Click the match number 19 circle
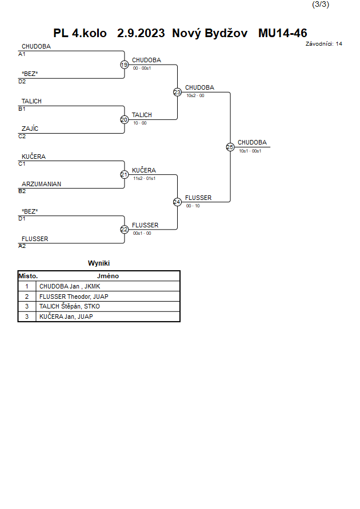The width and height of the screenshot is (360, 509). click(125, 65)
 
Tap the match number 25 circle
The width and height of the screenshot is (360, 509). click(230, 147)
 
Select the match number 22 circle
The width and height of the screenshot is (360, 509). click(125, 230)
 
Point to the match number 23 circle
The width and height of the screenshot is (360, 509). click(177, 93)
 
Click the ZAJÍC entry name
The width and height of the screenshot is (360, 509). click(30, 129)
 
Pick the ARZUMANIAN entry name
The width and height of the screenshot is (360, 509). click(41, 184)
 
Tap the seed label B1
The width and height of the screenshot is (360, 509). click(22, 109)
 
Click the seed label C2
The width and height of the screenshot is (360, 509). click(22, 137)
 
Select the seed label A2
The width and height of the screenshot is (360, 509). click(22, 246)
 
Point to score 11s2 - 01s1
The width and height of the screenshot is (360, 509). click(144, 179)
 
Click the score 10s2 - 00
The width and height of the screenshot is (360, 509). click(195, 96)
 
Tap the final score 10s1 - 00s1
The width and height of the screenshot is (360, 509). click(250, 151)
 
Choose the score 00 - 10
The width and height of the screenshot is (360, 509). click(193, 206)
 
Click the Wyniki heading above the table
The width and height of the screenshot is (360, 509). click(99, 263)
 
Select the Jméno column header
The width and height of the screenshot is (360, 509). click(108, 276)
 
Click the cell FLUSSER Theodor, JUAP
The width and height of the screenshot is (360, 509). click(74, 296)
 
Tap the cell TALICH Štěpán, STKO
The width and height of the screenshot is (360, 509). click(70, 306)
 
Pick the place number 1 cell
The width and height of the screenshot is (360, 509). click(27, 286)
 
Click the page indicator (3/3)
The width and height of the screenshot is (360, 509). click(321, 5)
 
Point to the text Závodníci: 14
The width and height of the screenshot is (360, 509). click(323, 44)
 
